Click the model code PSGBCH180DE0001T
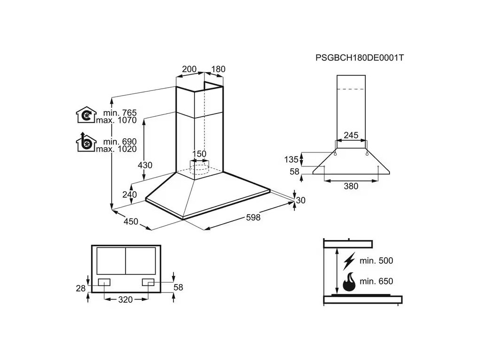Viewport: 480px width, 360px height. [360, 58]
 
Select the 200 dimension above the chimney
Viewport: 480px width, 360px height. [189, 69]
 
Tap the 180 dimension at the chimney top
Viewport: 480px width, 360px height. [218, 69]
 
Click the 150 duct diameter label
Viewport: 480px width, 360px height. [200, 154]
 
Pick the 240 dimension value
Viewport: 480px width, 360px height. [129, 195]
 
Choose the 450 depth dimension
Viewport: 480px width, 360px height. [131, 221]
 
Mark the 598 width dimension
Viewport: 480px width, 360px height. [252, 217]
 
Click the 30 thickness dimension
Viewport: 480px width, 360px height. [300, 200]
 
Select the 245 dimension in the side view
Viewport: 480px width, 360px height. [351, 135]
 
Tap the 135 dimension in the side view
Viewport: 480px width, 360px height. [291, 159]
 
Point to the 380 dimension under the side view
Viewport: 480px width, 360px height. [351, 186]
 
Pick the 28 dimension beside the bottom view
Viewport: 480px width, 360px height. [81, 288]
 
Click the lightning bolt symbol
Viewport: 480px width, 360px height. [349, 261]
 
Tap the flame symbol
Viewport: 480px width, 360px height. [349, 283]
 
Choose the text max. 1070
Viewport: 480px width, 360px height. [116, 120]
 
